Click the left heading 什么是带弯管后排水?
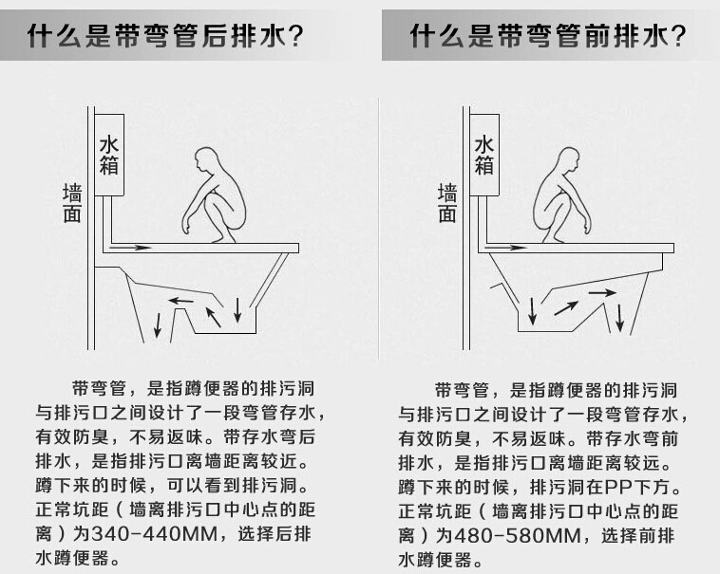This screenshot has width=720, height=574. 165,37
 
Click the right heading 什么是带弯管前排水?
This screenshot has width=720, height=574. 548,37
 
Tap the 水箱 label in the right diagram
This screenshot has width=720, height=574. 484,155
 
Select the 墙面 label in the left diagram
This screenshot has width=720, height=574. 72,203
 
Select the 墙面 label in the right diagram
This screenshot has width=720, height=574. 447,203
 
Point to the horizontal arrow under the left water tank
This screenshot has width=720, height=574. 131,248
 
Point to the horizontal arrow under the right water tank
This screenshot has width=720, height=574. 505,249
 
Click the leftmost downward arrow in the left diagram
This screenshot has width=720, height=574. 158,325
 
